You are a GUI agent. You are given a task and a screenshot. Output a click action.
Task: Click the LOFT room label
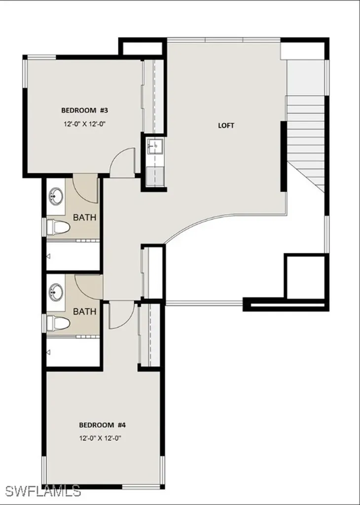(226, 125)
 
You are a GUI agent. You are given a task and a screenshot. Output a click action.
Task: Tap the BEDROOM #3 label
(84, 109)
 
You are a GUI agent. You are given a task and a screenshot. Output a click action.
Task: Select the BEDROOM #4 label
(103, 425)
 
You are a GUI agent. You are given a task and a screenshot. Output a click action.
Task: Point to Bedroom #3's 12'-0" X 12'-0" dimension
(84, 124)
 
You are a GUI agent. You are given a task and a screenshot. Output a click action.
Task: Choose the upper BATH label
(84, 217)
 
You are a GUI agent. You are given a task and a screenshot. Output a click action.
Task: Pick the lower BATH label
(84, 311)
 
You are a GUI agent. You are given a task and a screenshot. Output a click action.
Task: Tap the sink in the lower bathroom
(55, 292)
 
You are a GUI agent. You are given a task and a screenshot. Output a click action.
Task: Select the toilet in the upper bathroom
(58, 226)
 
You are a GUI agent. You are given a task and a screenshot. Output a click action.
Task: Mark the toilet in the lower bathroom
(58, 323)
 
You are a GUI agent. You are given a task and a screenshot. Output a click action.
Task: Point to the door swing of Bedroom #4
(120, 316)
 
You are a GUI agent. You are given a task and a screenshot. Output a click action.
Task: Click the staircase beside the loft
(306, 128)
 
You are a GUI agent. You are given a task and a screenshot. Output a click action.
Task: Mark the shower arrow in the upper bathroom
(49, 256)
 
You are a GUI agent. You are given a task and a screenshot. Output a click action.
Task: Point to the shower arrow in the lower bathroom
(49, 352)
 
